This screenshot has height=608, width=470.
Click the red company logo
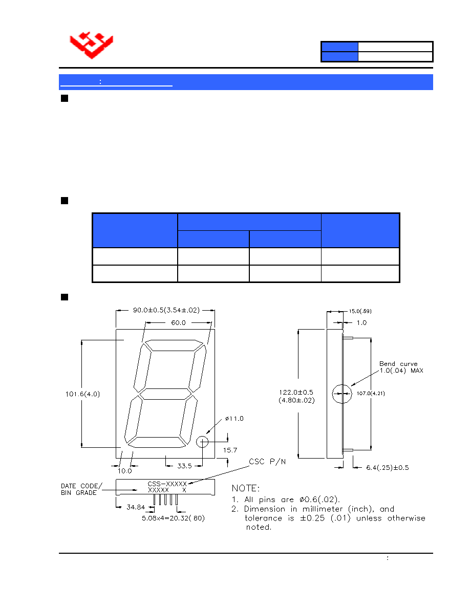92,45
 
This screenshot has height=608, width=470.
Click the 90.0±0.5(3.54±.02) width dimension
166,310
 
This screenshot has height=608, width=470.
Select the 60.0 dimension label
178,322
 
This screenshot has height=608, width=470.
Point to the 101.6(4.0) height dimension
82,394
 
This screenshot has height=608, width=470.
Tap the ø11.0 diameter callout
234,419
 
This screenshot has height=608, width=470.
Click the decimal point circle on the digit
202,442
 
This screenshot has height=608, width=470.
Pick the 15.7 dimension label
230,450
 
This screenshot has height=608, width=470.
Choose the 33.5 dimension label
185,466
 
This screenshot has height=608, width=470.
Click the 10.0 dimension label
125,471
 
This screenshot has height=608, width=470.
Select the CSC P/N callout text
267,462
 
